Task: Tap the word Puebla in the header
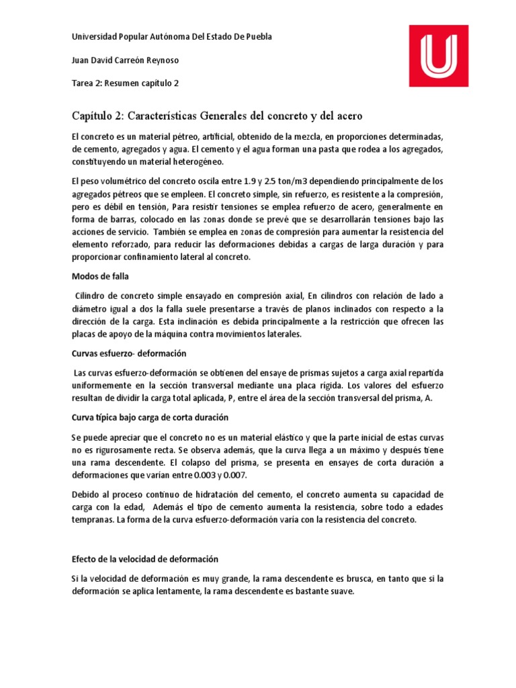257,37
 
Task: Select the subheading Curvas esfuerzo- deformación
128,353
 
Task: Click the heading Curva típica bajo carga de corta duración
155,417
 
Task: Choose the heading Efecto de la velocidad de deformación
144,559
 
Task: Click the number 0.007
235,475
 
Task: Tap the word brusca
355,578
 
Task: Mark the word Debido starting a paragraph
85,494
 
